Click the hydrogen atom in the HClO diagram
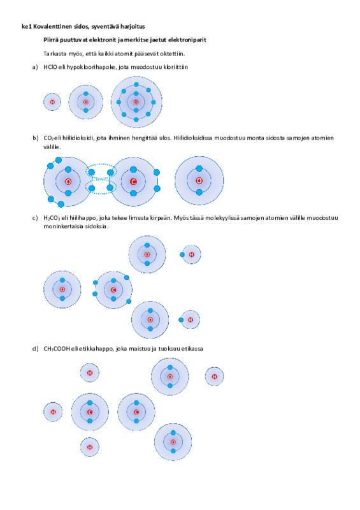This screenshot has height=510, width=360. tap(52, 102)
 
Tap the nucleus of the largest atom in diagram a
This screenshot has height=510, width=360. tap(136, 102)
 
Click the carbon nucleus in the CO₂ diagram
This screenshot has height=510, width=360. tap(133, 182)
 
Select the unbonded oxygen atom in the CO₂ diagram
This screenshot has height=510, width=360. tap(199, 180)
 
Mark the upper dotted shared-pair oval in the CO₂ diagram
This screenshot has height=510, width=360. tap(101, 171)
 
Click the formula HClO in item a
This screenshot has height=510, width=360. tap(50, 68)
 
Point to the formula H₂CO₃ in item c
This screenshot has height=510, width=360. tap(52, 218)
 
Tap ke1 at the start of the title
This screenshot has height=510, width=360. tap(27, 27)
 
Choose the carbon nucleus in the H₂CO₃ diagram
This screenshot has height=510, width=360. tap(113, 290)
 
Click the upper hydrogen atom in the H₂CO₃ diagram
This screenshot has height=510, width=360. tap(191, 254)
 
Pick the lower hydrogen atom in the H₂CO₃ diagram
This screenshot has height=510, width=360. tap(191, 320)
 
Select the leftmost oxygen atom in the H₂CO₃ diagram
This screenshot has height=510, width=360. tap(62, 289)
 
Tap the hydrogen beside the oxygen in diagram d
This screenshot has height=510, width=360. tap(214, 377)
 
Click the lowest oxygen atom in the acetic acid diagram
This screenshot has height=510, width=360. tap(173, 442)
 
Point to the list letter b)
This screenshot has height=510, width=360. tap(36, 138)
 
